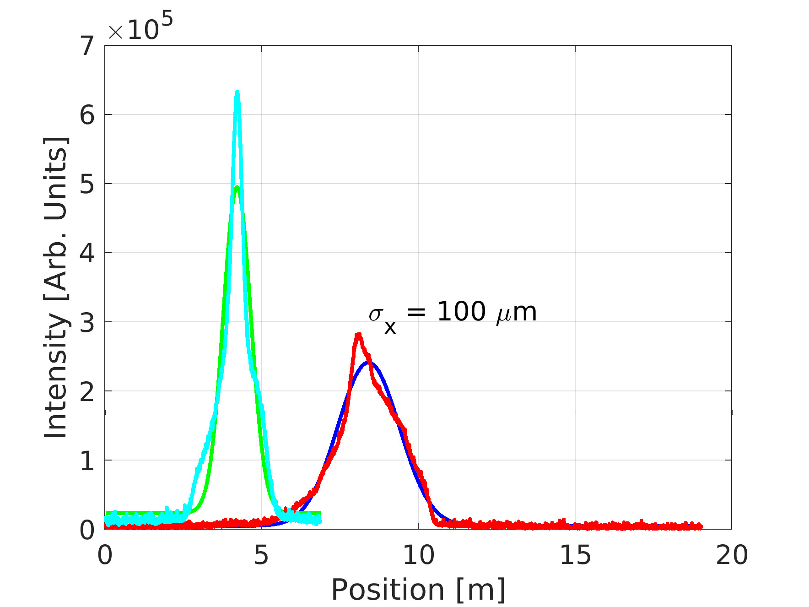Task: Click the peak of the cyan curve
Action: coord(237,92)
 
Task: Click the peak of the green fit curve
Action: coord(237,187)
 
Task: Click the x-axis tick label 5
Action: coord(261,555)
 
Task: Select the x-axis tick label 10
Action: coord(418,555)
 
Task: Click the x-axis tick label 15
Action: coord(575,555)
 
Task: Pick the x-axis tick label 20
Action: coord(732,555)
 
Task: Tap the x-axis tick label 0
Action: coord(105,555)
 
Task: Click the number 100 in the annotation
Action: coord(461,312)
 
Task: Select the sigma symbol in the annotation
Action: coord(376,314)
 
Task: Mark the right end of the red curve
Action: coord(701,526)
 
